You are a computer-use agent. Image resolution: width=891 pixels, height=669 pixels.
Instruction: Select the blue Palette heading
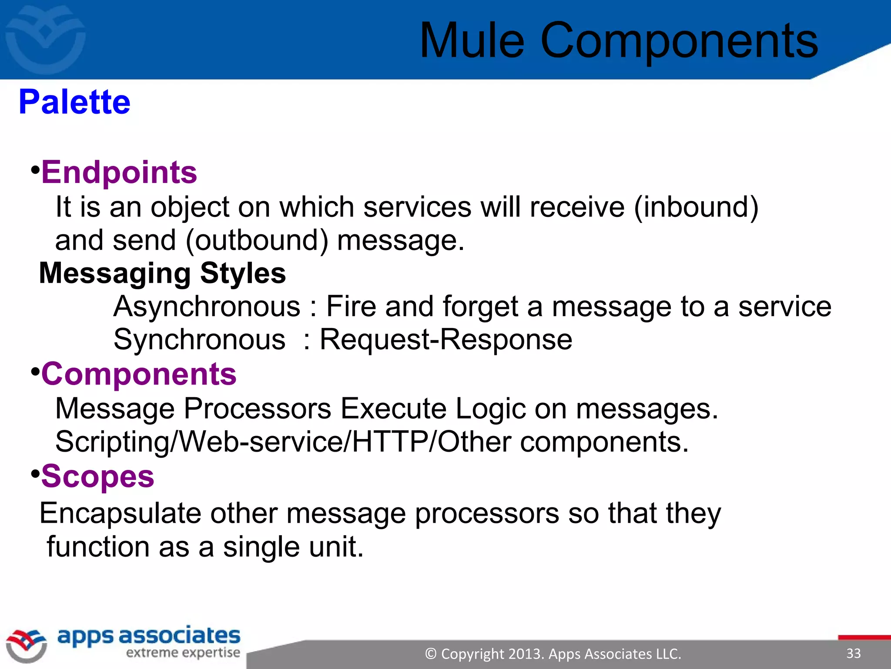tap(74, 102)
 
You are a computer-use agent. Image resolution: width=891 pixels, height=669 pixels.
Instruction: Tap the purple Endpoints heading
tap(119, 172)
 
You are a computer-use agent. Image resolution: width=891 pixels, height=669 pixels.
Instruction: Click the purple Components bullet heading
tap(139, 374)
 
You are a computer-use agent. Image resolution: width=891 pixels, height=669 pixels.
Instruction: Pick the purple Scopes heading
tap(98, 476)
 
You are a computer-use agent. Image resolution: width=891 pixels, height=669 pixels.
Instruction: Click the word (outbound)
tap(257, 240)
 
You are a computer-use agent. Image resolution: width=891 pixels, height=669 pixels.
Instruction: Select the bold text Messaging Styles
tap(163, 273)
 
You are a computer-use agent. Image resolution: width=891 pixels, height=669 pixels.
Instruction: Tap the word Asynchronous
tap(207, 306)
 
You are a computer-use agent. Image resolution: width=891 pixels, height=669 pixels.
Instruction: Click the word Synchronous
tap(200, 339)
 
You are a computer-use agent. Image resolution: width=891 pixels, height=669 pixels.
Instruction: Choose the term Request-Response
tap(446, 339)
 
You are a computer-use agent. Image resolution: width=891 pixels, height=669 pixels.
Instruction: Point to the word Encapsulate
tap(121, 514)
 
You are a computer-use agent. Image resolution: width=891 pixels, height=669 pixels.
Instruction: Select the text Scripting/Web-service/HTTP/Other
tap(283, 442)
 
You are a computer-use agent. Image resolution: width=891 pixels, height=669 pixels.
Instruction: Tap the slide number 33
tap(853, 653)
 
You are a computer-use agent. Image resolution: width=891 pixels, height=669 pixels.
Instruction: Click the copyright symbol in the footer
tap(431, 654)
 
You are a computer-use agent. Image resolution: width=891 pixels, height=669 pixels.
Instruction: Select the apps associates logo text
tap(149, 636)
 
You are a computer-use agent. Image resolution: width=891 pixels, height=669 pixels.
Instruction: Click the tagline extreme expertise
tap(183, 653)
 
